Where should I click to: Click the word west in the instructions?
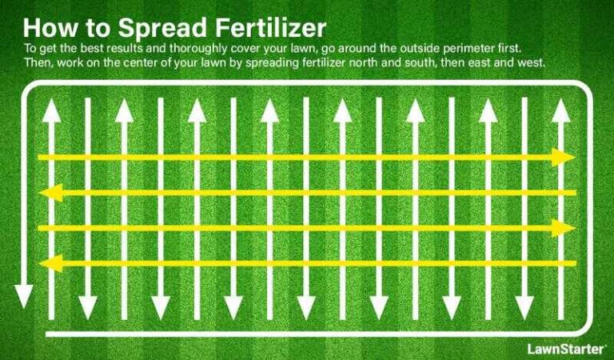(x=532, y=63)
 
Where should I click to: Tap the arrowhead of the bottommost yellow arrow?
(x=50, y=263)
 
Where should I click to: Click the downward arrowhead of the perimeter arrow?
(x=24, y=297)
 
